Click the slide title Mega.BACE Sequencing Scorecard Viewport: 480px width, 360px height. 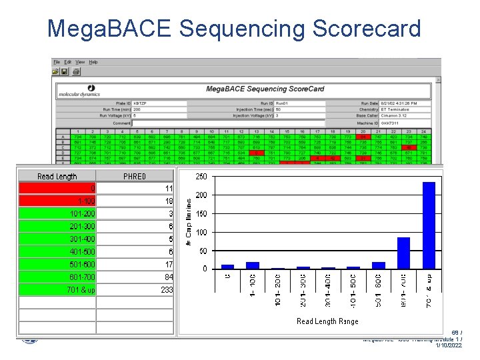click(x=234, y=29)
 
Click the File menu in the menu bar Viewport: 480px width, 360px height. click(x=57, y=62)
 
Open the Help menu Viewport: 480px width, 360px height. click(x=93, y=62)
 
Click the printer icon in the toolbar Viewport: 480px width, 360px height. click(x=76, y=71)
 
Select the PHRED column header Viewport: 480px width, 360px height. click(x=135, y=177)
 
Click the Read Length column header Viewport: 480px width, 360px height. click(x=57, y=177)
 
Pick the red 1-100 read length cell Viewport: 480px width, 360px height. click(x=57, y=201)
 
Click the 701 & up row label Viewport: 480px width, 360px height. click(x=57, y=290)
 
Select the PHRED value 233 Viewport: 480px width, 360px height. click(x=135, y=290)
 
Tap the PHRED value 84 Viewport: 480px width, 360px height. click(x=135, y=277)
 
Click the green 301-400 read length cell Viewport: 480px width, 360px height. click(x=57, y=239)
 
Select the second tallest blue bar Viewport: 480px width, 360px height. click(x=404, y=253)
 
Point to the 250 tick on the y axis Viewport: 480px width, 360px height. click(x=201, y=177)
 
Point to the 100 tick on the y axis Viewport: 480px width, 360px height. click(x=201, y=232)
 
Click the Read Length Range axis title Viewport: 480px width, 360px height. click(x=327, y=321)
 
